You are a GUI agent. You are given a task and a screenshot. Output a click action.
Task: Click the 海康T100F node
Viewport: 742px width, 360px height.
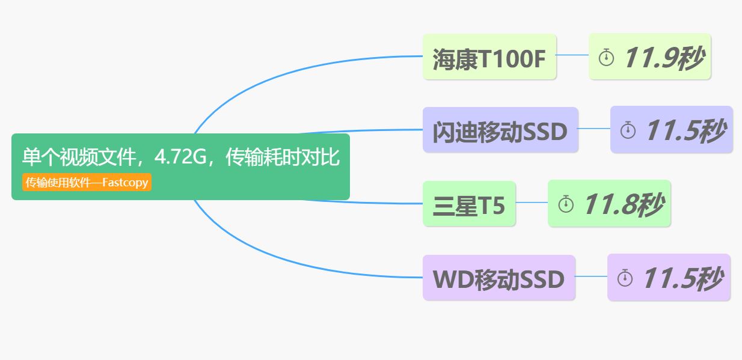489,58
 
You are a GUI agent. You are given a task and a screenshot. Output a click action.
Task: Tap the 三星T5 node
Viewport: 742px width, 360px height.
469,205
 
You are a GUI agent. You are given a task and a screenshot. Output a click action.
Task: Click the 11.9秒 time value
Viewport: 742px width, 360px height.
663,58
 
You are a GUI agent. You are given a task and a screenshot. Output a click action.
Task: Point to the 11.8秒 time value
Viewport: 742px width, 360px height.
622,204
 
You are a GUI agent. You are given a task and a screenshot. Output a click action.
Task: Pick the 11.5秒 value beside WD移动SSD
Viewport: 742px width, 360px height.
682,278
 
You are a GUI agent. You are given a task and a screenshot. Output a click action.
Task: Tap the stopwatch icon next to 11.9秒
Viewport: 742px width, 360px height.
606,58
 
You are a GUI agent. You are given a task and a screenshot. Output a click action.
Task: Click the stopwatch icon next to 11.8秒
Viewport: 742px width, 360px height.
566,204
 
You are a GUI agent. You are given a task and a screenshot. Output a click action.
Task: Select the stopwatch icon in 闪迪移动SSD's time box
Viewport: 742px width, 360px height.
628,130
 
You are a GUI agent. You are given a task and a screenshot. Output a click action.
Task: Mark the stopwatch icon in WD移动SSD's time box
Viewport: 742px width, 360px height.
625,278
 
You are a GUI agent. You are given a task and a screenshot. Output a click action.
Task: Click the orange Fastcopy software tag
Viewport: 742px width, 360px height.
87,183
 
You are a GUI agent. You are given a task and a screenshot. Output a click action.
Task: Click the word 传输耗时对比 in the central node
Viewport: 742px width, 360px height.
283,157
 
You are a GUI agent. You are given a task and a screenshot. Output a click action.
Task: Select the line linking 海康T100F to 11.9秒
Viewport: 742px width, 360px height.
572,55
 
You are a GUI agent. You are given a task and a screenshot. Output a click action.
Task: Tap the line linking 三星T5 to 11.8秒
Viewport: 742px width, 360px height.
532,203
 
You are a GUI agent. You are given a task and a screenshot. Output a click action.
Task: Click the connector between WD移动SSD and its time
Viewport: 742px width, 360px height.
591,276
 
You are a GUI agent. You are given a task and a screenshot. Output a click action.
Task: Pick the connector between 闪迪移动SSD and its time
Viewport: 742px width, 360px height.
594,128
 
